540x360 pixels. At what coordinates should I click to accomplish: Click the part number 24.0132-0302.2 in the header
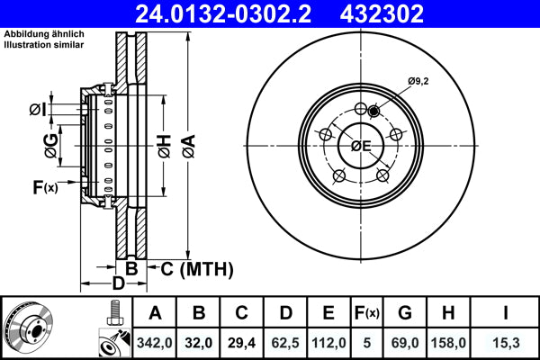219,14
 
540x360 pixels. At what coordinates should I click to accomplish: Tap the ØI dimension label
37,109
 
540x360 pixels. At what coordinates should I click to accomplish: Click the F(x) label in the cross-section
44,187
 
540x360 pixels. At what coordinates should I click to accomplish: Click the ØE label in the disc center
360,147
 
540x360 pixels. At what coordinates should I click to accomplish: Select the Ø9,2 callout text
418,82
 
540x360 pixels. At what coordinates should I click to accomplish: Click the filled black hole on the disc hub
373,111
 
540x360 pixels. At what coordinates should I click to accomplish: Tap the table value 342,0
155,341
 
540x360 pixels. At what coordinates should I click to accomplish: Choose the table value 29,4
241,341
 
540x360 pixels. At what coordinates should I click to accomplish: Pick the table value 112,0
328,341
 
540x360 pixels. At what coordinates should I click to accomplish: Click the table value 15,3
505,341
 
